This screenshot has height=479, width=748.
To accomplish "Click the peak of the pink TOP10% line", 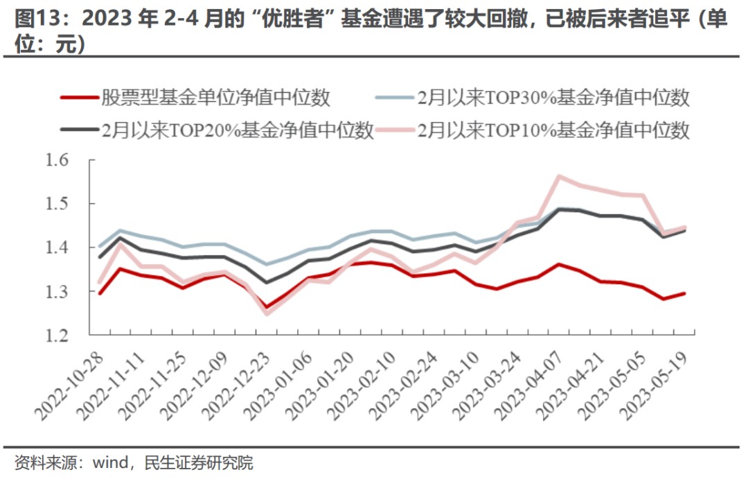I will click(559, 176).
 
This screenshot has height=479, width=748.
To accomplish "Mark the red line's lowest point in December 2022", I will click(266, 307).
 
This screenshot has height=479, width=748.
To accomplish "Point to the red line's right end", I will click(685, 293).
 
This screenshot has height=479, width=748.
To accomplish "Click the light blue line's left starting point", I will click(100, 246).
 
